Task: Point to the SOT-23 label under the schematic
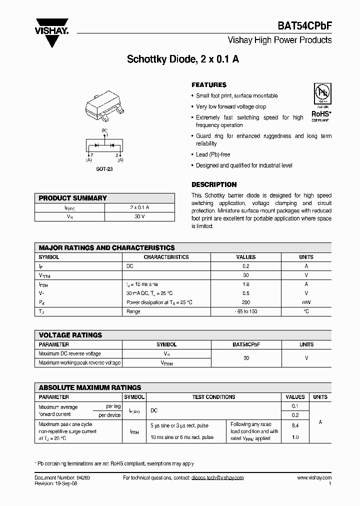click(x=104, y=169)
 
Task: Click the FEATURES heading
click(x=209, y=85)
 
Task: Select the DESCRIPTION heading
click(x=214, y=184)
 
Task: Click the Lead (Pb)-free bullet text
click(x=213, y=154)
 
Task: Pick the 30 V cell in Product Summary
click(x=140, y=216)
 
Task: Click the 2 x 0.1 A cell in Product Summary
click(x=140, y=207)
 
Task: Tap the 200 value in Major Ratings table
click(x=245, y=302)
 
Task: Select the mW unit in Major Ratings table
click(x=306, y=302)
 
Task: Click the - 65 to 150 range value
click(x=245, y=311)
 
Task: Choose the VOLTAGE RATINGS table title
click(x=70, y=335)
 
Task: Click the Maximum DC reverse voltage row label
click(x=69, y=353)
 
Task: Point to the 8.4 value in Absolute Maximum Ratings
click(x=295, y=425)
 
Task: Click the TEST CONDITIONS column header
click(x=213, y=397)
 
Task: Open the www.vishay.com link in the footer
click(x=314, y=477)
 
